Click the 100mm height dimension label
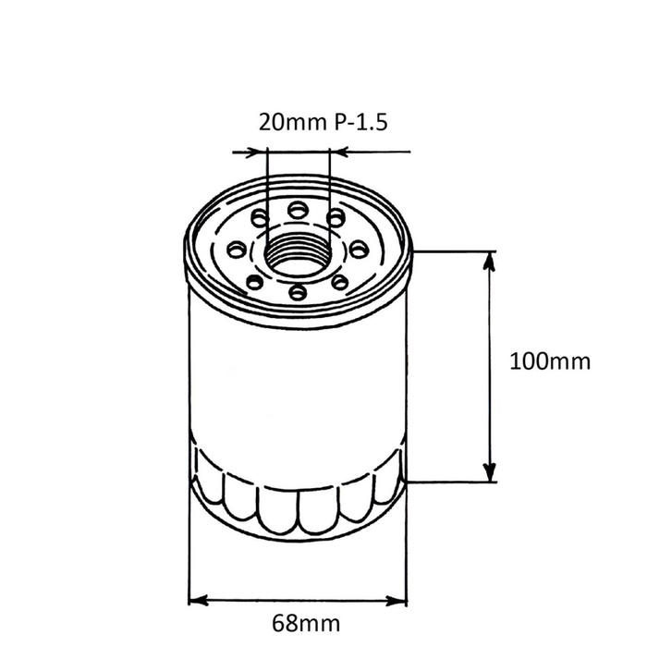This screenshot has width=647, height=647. [550, 361]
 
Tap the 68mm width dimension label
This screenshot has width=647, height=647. [306, 623]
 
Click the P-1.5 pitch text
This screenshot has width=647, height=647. [360, 122]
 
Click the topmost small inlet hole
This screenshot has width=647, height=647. [298, 210]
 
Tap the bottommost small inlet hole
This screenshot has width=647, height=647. [298, 292]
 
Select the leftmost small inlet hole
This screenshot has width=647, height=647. [238, 250]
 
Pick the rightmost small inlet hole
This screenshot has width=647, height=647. [359, 249]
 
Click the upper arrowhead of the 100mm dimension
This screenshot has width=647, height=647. [489, 261]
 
